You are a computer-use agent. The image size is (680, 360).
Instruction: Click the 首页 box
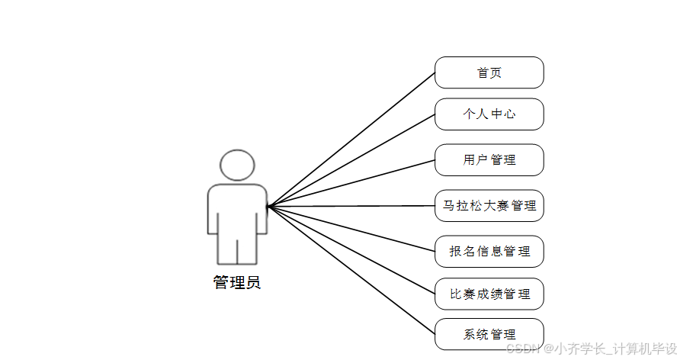coord(489,72)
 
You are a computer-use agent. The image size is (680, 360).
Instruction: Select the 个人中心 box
coord(489,114)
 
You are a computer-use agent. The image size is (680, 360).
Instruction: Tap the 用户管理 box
coord(489,160)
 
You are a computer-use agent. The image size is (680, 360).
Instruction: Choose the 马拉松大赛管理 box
coord(489,206)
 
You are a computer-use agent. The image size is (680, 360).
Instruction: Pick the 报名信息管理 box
coord(489,252)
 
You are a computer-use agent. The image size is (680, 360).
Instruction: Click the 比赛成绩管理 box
coord(489,294)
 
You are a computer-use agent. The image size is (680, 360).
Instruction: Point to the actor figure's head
coord(237,166)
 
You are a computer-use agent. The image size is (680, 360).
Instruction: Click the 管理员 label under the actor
coord(237,283)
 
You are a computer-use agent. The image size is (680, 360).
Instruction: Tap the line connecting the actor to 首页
coord(351,140)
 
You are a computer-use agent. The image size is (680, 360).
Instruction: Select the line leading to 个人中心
coord(351,160)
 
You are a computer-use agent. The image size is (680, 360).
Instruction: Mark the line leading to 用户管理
coord(351,183)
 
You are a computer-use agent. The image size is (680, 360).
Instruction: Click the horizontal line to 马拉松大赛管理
coord(351,206)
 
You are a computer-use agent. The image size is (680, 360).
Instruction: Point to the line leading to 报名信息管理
coord(351,229)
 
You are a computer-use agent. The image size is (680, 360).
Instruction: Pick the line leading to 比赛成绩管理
coord(351,250)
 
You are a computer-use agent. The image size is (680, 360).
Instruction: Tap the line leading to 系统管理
coord(351,270)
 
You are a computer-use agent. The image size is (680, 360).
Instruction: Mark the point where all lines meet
coord(268,206)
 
